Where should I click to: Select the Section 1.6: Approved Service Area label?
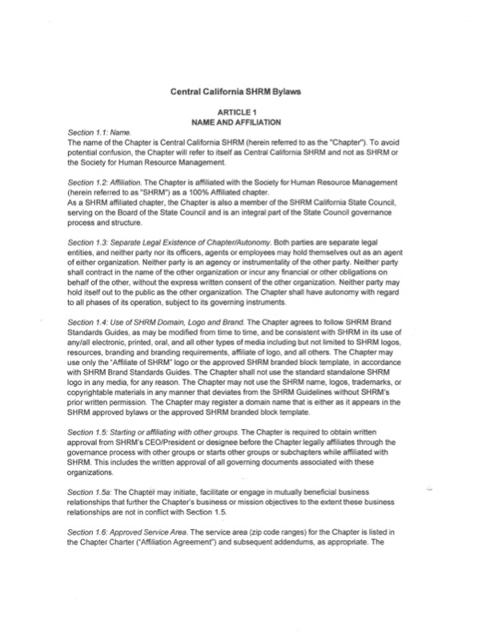click(136, 532)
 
